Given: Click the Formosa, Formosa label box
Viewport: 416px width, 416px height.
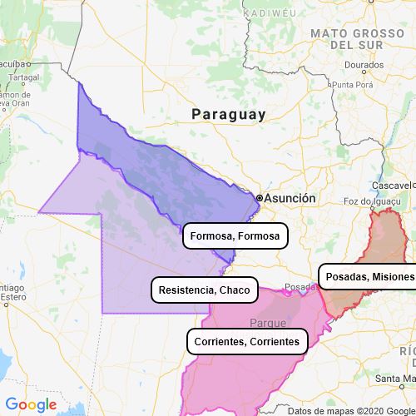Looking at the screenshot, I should pos(235,237).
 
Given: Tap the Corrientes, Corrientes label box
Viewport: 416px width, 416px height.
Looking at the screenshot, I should pos(245,341).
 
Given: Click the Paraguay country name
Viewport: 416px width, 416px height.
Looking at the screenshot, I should pos(228,114).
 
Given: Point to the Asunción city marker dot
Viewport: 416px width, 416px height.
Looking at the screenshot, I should pos(260,198).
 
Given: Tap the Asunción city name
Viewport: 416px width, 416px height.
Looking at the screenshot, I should pos(290,199).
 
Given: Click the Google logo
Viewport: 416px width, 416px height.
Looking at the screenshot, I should pos(30,405).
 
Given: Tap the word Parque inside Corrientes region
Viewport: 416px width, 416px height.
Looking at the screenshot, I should pos(268,322).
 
